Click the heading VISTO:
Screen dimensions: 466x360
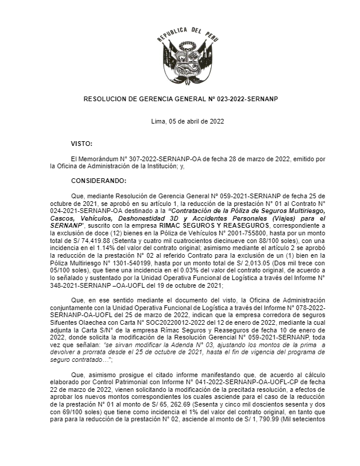click(81, 144)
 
